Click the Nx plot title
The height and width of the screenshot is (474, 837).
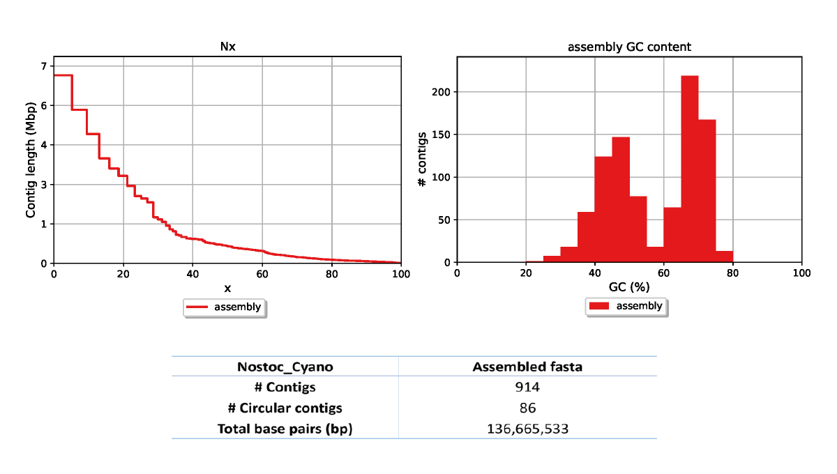click(227, 47)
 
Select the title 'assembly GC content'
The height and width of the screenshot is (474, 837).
click(629, 47)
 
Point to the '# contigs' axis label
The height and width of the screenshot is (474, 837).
click(421, 160)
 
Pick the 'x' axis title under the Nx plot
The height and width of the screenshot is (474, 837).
click(227, 288)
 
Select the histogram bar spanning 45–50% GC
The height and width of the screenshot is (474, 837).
click(621, 200)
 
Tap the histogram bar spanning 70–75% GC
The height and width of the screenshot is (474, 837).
click(707, 191)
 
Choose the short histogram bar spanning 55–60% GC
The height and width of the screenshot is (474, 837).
click(655, 254)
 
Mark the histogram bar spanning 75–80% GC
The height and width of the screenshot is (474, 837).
click(724, 257)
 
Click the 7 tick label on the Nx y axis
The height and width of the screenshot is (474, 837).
click(43, 66)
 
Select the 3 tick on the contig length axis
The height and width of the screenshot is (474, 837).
click(43, 185)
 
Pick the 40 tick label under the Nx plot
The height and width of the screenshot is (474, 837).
click(193, 274)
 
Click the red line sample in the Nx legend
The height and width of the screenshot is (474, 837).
click(198, 307)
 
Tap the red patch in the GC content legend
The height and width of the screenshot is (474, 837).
click(599, 306)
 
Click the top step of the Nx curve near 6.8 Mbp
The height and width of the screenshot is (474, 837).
click(63, 75)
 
